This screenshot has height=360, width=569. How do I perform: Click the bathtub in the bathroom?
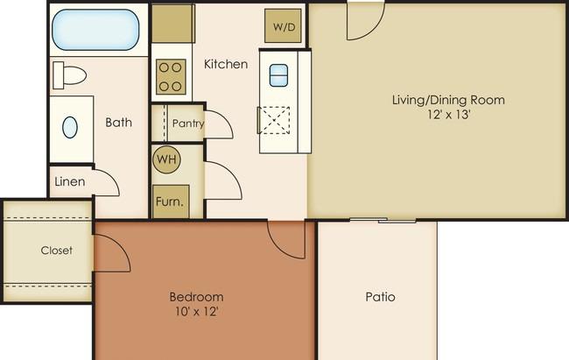coord(95,30)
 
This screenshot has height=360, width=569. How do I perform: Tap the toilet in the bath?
coord(71,74)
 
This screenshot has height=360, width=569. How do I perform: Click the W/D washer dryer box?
coord(284,27)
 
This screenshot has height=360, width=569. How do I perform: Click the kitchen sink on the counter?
coord(278,75)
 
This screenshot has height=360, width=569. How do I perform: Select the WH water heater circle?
coord(166,159)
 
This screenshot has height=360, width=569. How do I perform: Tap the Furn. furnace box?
coord(169,201)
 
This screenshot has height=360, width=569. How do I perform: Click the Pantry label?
coord(188,124)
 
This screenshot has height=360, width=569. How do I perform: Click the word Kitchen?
coord(226,64)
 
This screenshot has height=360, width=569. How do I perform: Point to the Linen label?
coord(69,182)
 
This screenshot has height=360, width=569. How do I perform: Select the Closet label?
coord(57,251)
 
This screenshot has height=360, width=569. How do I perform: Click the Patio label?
coord(379,297)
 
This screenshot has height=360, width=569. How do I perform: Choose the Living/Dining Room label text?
coord(448,99)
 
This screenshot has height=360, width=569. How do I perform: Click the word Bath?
coord(118,122)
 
